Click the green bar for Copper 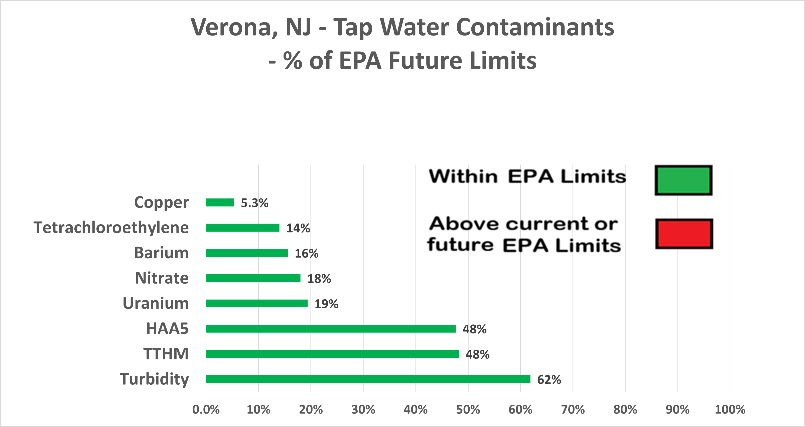coord(220,202)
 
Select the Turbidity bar coord(368,379)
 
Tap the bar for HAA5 coord(331,329)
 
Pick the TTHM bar coord(333,354)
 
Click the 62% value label coord(549,379)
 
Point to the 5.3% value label coord(254,203)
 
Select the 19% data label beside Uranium coord(326,304)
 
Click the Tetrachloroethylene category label coord(111,228)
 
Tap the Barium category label coord(161,253)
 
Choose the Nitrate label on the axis coord(162,278)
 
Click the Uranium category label coord(156,303)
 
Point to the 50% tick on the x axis coord(468,409)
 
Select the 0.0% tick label coord(206,409)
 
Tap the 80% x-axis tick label coord(625,409)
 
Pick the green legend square coord(684,180)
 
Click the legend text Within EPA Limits coord(527,176)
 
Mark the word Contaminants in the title coord(535,28)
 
